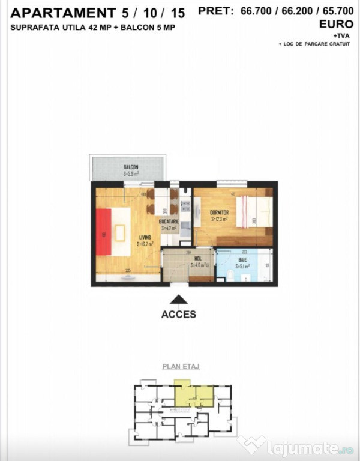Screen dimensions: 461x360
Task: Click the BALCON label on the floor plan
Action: click(131, 167)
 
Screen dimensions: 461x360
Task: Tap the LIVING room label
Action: click(144, 238)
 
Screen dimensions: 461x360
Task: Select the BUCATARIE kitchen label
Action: click(169, 221)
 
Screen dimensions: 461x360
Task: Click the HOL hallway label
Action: click(197, 259)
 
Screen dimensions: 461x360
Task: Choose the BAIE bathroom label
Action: click(241, 259)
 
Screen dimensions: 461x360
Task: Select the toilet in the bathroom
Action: click(231, 276)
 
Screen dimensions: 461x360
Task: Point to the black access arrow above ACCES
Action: click(179, 299)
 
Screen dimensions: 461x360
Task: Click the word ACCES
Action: click(179, 314)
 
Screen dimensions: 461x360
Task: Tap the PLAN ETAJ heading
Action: click(181, 366)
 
